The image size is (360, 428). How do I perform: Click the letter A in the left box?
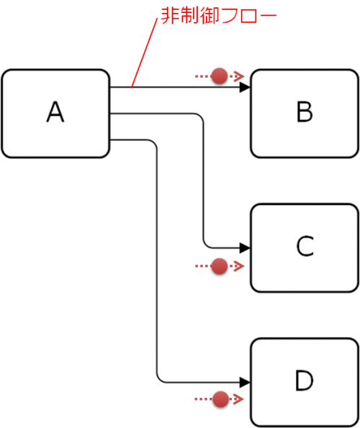click(55, 111)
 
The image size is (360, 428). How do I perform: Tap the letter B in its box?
click(305, 111)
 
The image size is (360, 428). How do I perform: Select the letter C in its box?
click(305, 246)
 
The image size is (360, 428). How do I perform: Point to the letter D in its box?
click(304, 381)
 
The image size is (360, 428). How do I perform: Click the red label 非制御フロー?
click(219, 16)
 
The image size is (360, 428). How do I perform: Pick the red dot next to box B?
click(220, 76)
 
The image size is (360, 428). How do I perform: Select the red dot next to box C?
click(220, 266)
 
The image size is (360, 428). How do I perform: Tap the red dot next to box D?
click(220, 399)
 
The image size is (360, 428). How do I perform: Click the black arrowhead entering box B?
click(245, 87)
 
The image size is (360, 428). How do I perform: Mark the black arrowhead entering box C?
click(245, 248)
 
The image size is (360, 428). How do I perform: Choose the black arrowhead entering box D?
click(245, 382)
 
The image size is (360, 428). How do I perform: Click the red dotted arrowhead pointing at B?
click(239, 76)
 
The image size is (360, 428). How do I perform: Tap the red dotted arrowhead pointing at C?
click(239, 266)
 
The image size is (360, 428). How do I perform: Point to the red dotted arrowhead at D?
click(239, 399)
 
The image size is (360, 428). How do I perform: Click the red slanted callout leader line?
click(144, 53)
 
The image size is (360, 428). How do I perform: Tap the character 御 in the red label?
click(210, 16)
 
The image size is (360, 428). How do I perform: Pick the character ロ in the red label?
click(248, 16)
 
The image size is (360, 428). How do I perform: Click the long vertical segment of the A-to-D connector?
click(157, 260)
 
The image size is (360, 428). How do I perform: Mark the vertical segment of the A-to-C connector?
click(203, 181)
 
